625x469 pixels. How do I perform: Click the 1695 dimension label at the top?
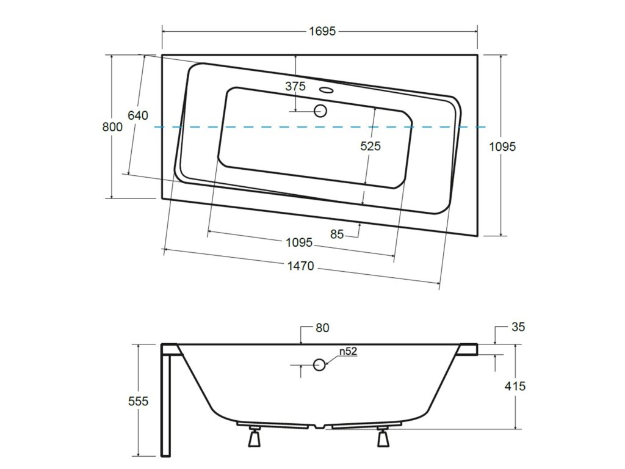coord(322,31)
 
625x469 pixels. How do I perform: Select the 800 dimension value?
coord(112,127)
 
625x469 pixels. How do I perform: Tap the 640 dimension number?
coord(138,115)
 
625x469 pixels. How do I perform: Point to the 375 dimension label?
coord(295,86)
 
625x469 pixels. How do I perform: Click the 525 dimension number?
coord(370,146)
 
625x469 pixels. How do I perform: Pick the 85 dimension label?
coord(337,234)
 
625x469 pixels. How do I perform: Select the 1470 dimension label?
coord(301,266)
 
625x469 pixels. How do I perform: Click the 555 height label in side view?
coord(139,401)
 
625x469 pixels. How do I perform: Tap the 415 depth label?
coord(515,386)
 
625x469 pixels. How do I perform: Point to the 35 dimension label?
coord(518,327)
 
